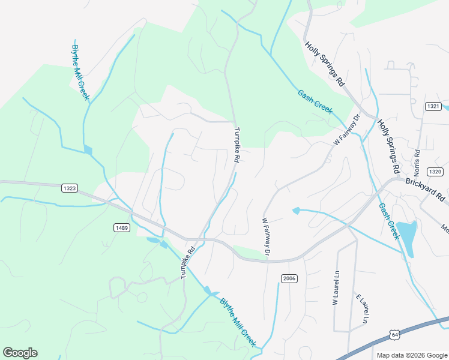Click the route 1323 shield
click(x=70, y=188)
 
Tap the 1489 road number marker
click(x=122, y=227)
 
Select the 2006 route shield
click(x=289, y=278)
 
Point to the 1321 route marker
click(x=433, y=106)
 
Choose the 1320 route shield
click(x=435, y=172)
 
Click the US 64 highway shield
click(x=394, y=334)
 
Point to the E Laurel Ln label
click(x=361, y=310)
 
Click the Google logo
click(x=20, y=353)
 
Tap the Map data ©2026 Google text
click(x=412, y=355)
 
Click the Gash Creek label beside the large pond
click(x=388, y=221)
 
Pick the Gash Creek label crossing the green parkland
click(x=315, y=101)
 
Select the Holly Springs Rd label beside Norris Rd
click(x=388, y=144)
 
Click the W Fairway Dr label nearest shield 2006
click(x=266, y=239)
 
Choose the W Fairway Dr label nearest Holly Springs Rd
click(x=346, y=129)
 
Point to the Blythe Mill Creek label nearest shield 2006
click(x=238, y=322)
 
